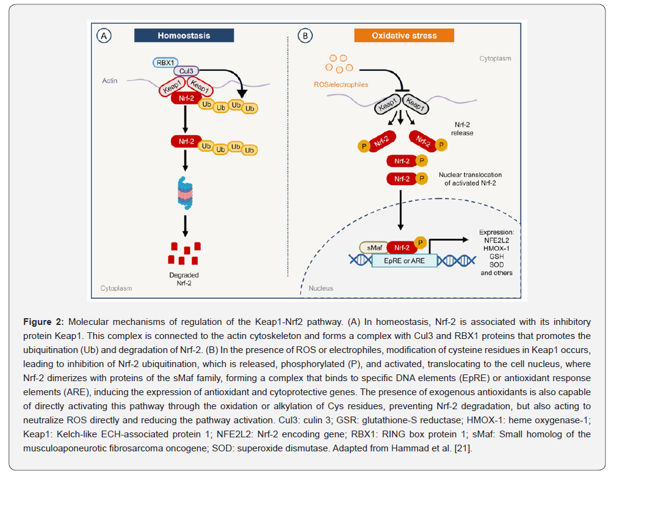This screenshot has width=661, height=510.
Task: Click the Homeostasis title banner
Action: point(184,35)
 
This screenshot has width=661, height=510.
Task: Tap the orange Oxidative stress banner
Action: point(404,35)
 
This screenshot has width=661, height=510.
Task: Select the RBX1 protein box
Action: point(165,63)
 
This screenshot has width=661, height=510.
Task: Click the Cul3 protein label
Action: point(186,71)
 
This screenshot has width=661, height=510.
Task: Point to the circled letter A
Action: point(104,36)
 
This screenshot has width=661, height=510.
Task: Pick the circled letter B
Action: point(305,36)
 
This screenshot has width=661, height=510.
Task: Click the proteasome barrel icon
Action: point(185,193)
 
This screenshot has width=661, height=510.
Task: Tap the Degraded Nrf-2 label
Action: point(184,279)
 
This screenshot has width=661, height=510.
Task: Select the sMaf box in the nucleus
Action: point(374,247)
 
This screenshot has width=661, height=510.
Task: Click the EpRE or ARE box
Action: point(404,261)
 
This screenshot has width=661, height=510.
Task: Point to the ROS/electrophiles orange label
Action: point(341,84)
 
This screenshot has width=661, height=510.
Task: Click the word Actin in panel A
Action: point(110,81)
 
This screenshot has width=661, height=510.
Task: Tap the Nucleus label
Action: point(321,288)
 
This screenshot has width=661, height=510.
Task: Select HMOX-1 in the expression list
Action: point(496,249)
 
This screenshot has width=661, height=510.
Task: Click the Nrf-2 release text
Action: point(462,129)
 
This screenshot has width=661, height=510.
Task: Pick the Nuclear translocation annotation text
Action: point(470,179)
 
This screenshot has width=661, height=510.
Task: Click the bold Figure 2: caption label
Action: point(43,322)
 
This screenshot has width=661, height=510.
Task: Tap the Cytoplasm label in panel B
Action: point(495,59)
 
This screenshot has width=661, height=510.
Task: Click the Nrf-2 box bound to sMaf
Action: point(402,247)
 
